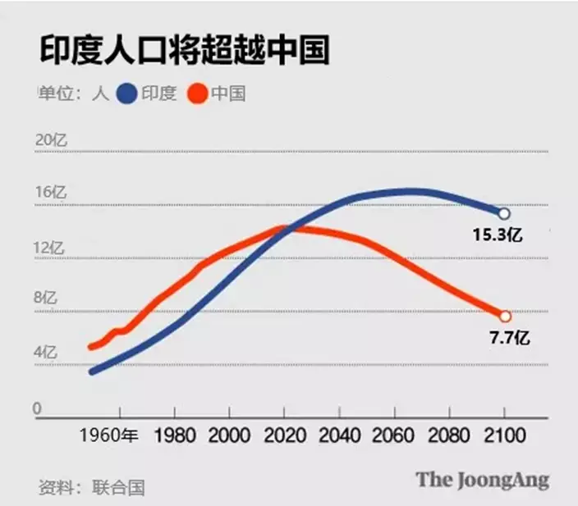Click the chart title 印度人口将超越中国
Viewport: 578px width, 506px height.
pos(184,51)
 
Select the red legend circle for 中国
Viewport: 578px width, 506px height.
pos(199,93)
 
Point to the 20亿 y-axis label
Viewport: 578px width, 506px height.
pos(50,139)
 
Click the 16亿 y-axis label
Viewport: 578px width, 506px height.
pos(50,193)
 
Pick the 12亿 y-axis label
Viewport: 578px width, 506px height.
pos(50,247)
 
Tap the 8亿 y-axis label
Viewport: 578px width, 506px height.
pos(45,299)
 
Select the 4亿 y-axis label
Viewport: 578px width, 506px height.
pos(45,353)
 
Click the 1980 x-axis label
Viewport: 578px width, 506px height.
pos(174,435)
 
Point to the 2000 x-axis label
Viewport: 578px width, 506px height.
pos(228,435)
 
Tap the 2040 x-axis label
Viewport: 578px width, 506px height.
pos(338,435)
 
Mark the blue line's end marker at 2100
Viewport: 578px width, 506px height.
pos(504,213)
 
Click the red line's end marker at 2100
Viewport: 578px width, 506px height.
pos(504,317)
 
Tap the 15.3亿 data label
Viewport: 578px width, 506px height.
pos(498,235)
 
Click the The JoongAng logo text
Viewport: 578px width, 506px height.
pos(482,480)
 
